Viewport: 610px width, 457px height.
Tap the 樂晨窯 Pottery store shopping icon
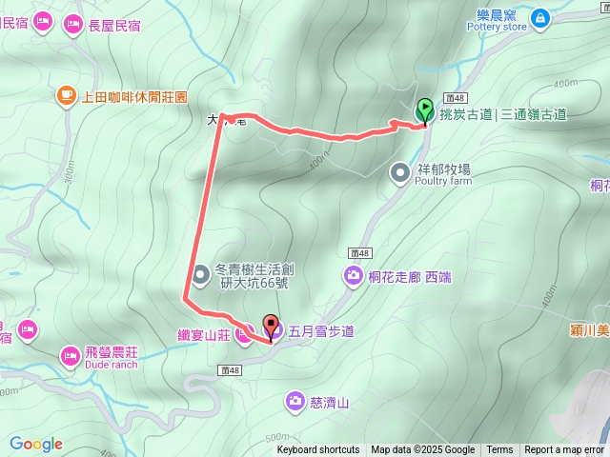(540, 17)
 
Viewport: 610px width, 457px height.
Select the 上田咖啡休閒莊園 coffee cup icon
(66, 95)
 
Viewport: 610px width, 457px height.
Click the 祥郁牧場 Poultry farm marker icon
(400, 172)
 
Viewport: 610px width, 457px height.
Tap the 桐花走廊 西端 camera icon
(353, 276)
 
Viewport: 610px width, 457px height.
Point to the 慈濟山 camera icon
(295, 403)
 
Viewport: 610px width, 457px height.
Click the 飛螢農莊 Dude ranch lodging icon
(70, 356)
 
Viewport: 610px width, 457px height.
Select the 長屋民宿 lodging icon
(72, 25)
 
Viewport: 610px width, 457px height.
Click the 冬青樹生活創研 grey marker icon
(200, 275)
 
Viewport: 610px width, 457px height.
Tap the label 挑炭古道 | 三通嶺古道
(503, 114)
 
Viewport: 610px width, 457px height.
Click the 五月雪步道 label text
(321, 331)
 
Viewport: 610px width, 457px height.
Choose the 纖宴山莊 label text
(204, 334)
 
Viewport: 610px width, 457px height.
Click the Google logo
(36, 444)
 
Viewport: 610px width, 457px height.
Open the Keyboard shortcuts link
(318, 450)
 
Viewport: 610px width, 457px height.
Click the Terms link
(499, 450)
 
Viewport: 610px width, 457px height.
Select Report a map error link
(564, 450)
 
